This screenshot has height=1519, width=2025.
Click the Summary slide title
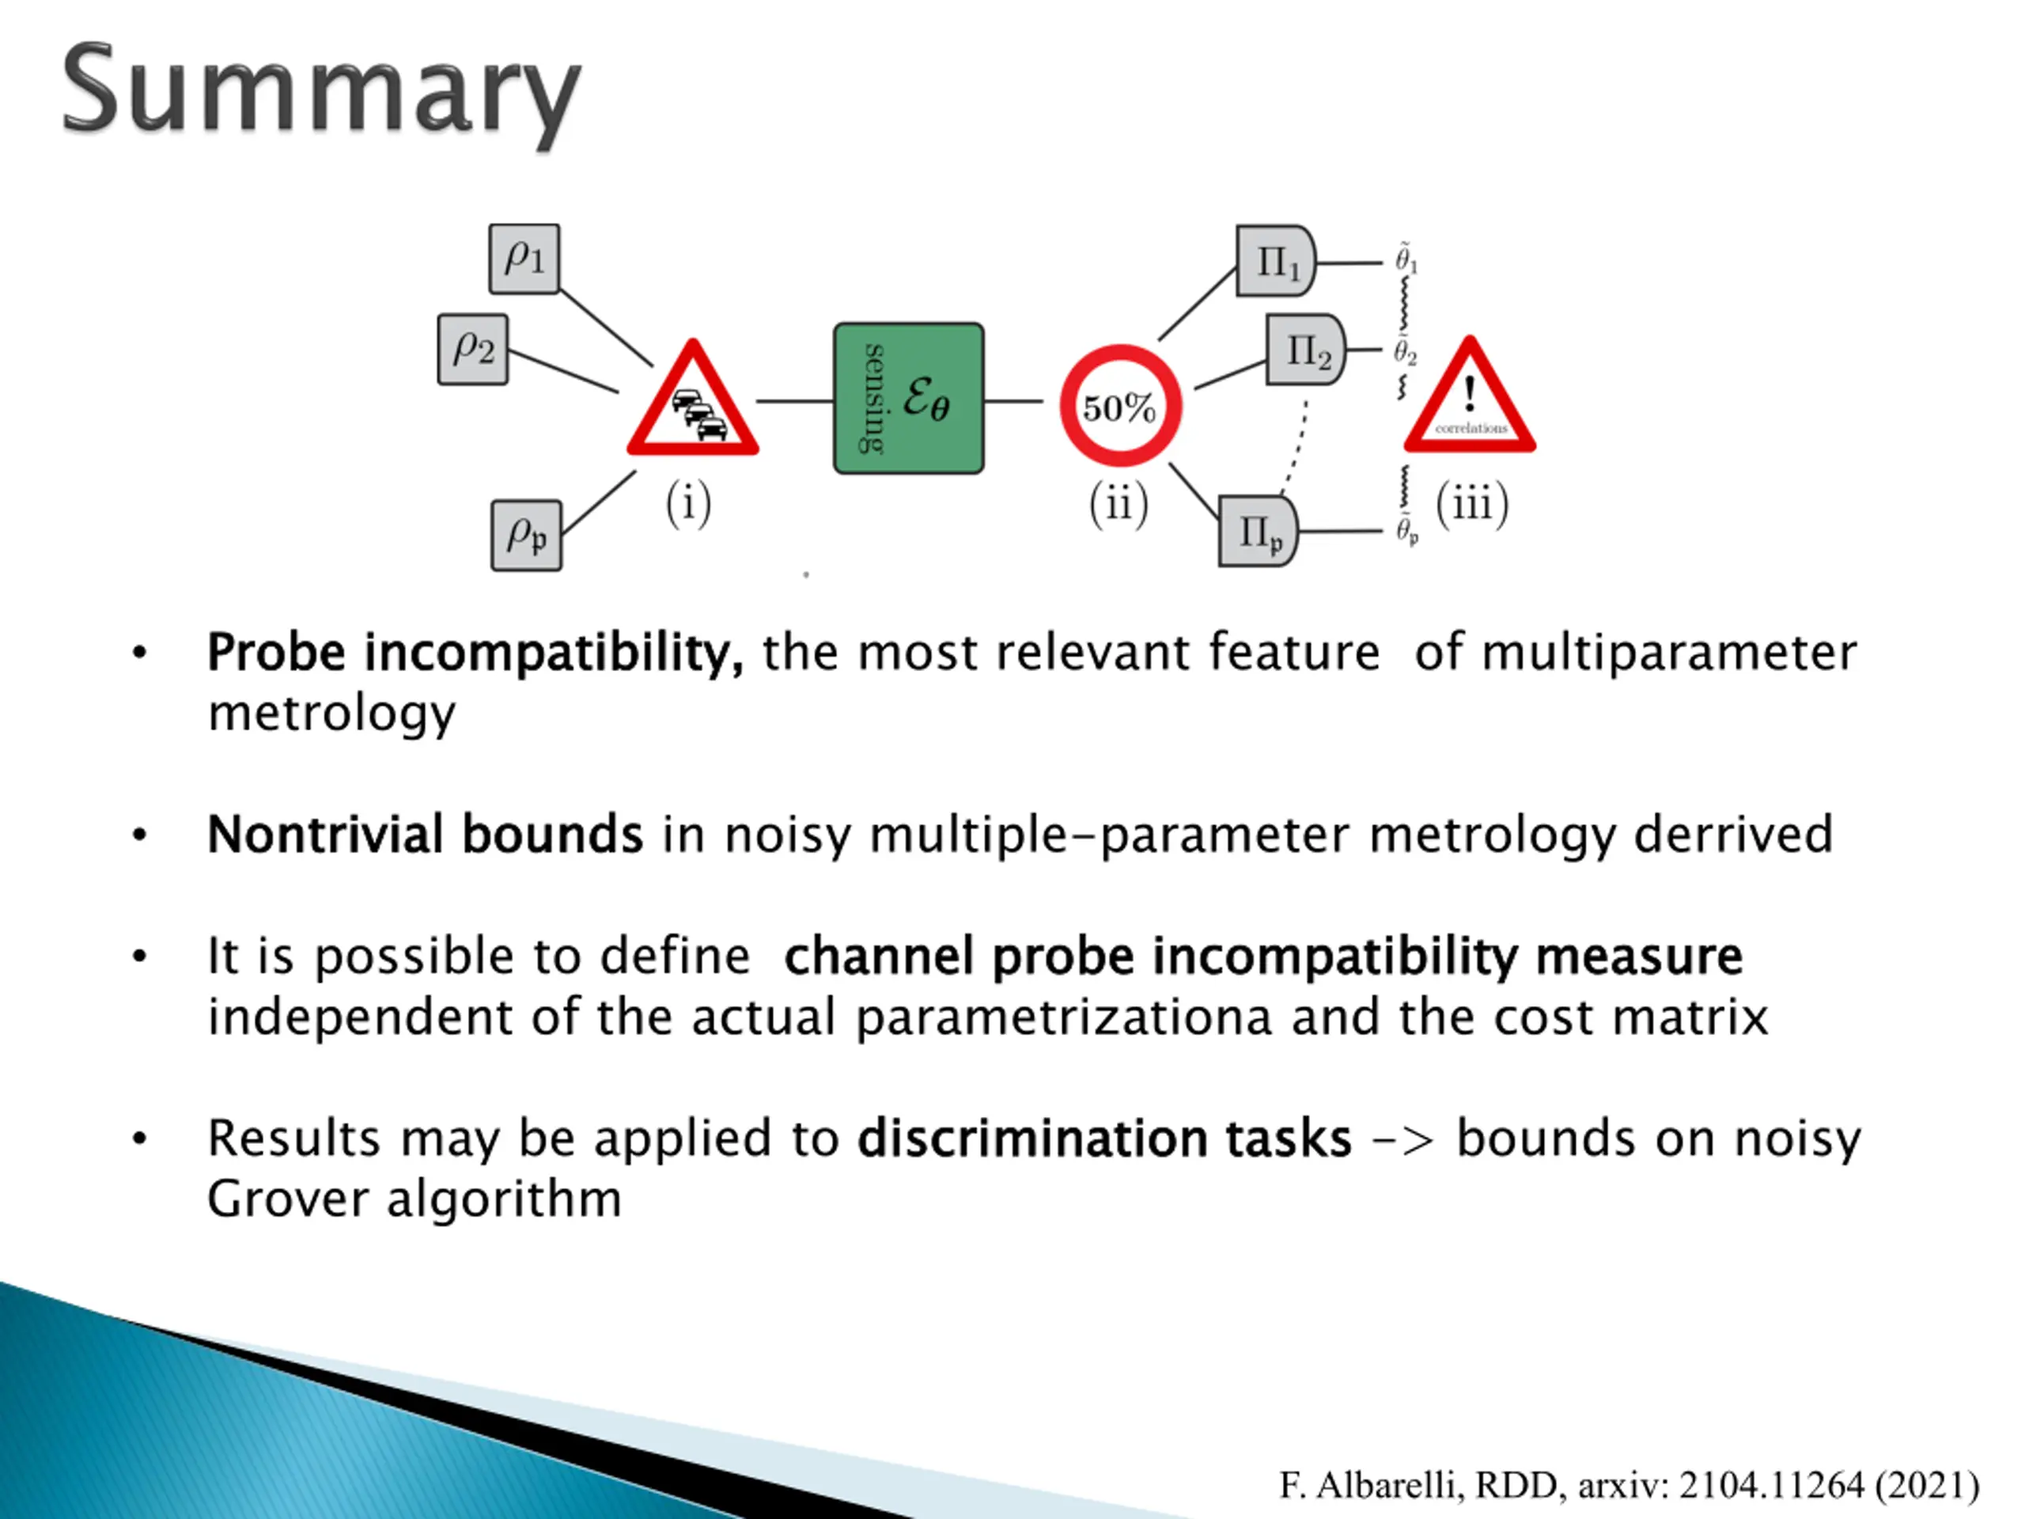coord(320,92)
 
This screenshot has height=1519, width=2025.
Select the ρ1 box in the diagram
coord(524,259)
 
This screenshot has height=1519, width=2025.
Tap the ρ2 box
coord(472,350)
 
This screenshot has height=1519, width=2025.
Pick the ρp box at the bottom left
coord(526,536)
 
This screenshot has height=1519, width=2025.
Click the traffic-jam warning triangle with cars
coord(693,403)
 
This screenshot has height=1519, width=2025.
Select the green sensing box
coord(908,398)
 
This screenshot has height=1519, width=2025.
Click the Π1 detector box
coord(1275,262)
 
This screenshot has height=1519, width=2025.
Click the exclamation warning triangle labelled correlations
coord(1470,401)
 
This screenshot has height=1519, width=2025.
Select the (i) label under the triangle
coord(688,505)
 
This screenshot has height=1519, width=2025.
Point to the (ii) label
coord(1118,505)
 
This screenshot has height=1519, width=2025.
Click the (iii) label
coord(1472,505)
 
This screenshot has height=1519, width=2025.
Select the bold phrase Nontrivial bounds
coord(425,835)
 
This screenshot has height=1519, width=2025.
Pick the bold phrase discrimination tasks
coord(1104,1139)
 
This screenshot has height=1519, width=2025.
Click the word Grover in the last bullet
coord(286,1199)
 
